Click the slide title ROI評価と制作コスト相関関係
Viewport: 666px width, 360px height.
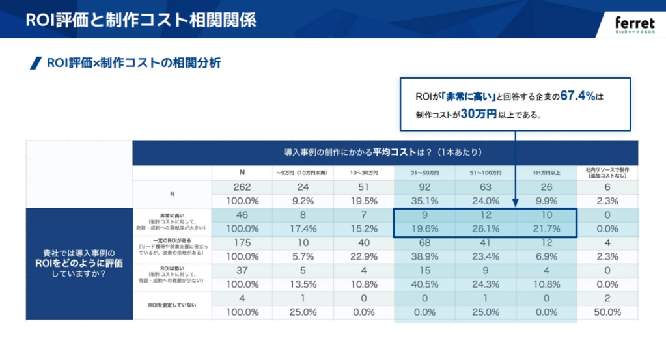click(141, 20)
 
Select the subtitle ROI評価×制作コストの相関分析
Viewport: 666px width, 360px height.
click(133, 63)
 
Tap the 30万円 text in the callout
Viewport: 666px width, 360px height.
click(478, 113)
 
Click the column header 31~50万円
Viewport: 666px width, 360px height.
click(424, 173)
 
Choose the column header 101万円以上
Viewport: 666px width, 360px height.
click(546, 173)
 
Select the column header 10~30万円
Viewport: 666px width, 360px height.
click(363, 173)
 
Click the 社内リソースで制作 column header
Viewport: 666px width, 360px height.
click(607, 173)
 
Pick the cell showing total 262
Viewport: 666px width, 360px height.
click(242, 187)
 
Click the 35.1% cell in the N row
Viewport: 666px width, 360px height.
click(424, 201)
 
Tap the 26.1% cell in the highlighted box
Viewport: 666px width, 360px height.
click(486, 230)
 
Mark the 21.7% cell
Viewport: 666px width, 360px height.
click(547, 230)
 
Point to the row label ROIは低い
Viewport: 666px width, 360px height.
click(171, 268)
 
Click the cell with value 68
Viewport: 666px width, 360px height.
click(424, 243)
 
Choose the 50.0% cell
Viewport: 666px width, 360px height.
click(607, 312)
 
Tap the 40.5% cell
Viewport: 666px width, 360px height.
click(424, 284)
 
